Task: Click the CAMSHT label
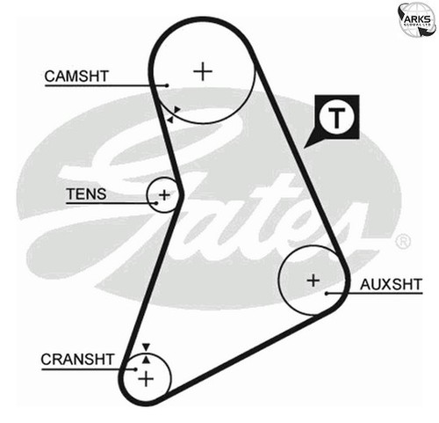pos(76,77)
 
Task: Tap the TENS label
pos(86,194)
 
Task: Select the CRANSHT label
pos(77,360)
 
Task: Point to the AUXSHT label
pos(391,284)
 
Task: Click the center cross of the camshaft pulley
pos(203,71)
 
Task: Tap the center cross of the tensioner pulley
pos(164,195)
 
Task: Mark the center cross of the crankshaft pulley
pos(146,379)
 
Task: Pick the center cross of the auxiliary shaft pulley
pos(313,281)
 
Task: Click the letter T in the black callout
pos(336,118)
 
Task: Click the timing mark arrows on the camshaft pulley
pos(173,114)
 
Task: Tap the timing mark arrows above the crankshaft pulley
pos(146,354)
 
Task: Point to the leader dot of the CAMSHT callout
pos(167,85)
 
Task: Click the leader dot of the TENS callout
pos(156,203)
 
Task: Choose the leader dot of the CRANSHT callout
pos(135,369)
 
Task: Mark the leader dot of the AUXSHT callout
pos(327,293)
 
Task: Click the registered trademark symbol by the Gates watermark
pos(403,242)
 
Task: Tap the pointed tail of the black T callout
pos(304,148)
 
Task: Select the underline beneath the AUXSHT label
pos(375,293)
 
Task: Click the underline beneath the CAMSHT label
pos(106,85)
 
